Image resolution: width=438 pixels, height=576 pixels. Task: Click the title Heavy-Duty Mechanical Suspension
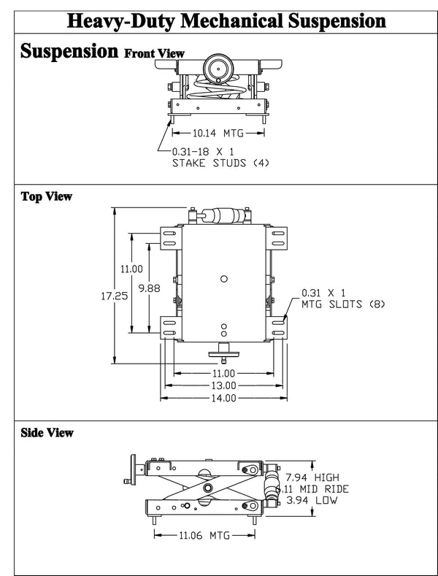point(219,20)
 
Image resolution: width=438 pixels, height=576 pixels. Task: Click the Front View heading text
point(154,53)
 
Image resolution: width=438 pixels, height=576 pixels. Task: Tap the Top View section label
point(46,196)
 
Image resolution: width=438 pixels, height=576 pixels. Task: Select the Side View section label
point(47,433)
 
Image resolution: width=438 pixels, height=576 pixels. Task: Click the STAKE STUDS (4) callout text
point(220,162)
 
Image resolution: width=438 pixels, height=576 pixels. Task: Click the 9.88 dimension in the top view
point(148,288)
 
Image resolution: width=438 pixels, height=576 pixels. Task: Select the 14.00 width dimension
point(224,398)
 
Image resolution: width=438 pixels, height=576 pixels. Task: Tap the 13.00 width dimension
point(224,385)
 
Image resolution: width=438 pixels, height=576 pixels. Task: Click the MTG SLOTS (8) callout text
point(342,304)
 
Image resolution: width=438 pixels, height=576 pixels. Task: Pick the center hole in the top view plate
point(224,277)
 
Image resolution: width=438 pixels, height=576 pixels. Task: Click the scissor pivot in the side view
point(210,487)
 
